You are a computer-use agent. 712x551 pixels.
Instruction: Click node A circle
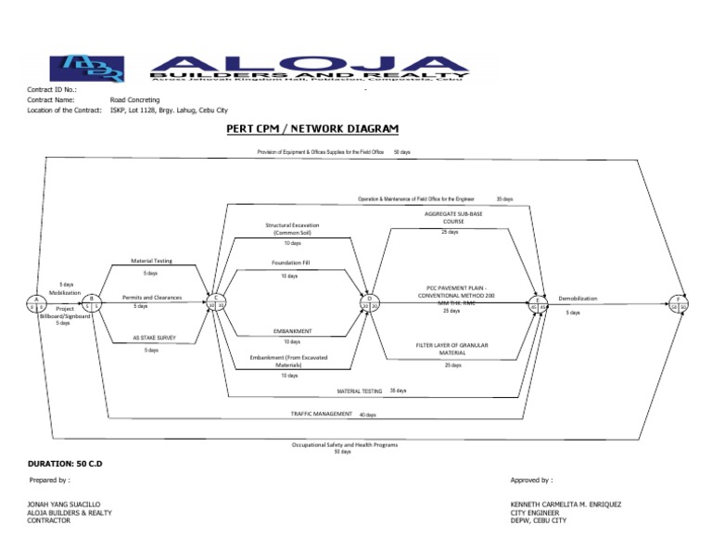[x=37, y=303]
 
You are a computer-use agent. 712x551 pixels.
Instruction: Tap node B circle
[x=92, y=302]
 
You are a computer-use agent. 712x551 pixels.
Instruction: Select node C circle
[x=215, y=302]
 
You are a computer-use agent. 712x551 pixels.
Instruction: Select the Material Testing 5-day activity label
[x=151, y=262]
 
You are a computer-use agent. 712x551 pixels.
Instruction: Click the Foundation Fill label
[x=290, y=263]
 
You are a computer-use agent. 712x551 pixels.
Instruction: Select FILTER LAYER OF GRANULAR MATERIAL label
[x=452, y=349]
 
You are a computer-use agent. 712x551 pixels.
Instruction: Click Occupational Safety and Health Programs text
[x=344, y=445]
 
